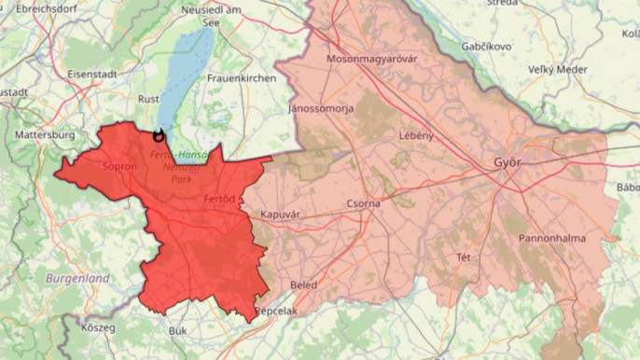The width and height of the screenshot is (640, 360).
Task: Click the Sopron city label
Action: point(119,167)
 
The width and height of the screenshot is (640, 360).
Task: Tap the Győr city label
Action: point(507,163)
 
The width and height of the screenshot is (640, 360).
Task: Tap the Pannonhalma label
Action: point(552,238)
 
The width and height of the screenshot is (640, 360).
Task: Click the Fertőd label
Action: point(217,200)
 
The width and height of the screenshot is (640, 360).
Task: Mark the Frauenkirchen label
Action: point(242,78)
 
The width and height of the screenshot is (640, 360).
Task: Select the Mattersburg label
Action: point(45,135)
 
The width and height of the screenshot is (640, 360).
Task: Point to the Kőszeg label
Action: point(97,328)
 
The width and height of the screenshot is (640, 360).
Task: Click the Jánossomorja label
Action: point(321,109)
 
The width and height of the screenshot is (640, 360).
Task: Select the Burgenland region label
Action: point(77,278)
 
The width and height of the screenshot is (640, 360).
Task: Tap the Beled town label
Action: point(304,284)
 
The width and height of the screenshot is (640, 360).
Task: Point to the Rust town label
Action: point(148,98)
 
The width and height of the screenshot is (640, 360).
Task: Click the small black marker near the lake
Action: point(158,136)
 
